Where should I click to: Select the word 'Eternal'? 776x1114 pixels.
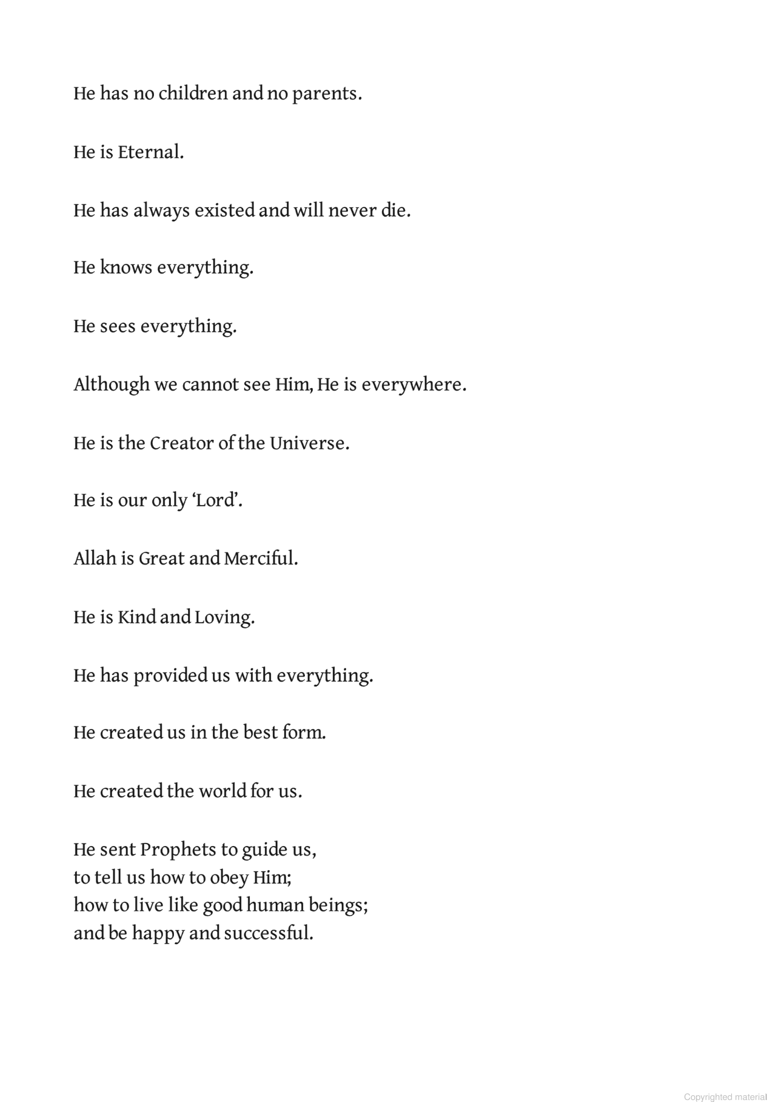click(149, 152)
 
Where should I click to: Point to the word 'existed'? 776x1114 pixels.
click(224, 210)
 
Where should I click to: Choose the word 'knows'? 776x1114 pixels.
click(125, 267)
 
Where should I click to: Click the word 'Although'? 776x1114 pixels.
click(112, 384)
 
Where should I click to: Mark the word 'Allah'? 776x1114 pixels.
click(95, 558)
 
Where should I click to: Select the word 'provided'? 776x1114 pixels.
click(170, 676)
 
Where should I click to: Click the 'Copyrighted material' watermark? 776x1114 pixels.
click(725, 1096)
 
